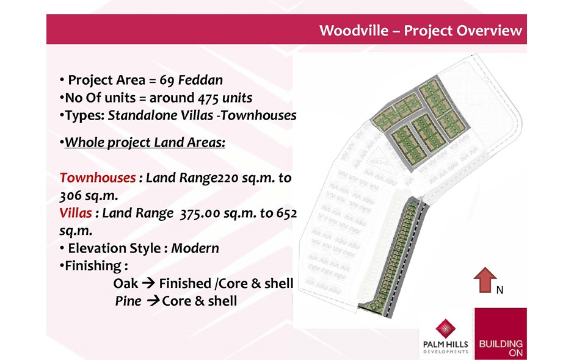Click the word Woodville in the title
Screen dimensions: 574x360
tap(354, 31)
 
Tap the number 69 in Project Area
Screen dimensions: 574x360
tap(167, 80)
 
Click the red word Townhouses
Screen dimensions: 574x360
tap(97, 178)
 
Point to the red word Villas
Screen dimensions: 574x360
tap(75, 213)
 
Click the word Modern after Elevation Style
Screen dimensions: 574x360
tap(195, 248)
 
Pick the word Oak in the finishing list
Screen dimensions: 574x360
tap(126, 284)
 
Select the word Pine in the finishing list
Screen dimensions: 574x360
tap(128, 301)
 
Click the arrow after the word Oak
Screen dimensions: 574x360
tap(148, 284)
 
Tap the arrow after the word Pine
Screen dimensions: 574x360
tap(153, 301)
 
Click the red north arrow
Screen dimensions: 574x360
tap(485, 280)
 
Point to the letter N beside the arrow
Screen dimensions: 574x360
tap(500, 290)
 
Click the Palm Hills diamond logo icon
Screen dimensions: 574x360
tap(446, 328)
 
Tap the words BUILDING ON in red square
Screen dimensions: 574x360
tap(501, 348)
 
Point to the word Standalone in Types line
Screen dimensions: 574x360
tap(161, 115)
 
